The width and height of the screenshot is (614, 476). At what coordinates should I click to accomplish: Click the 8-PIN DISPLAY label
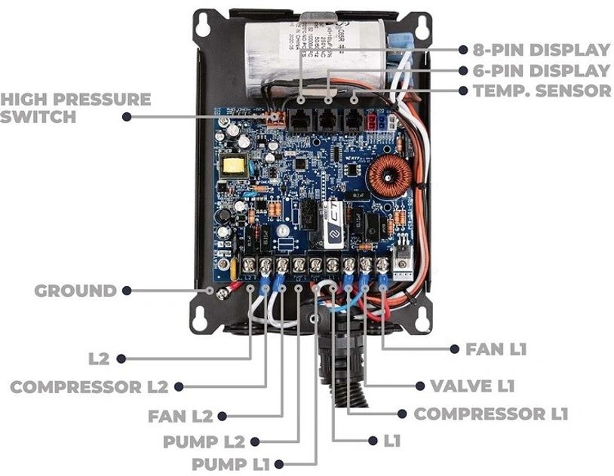[x=542, y=50]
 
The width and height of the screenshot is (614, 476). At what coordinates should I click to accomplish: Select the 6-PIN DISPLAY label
[x=542, y=71]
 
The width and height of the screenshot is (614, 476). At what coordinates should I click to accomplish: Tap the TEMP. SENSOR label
[x=542, y=90]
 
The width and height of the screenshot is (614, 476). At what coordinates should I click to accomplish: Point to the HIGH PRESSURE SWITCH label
[x=75, y=108]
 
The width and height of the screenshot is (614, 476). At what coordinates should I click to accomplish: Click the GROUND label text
[x=75, y=291]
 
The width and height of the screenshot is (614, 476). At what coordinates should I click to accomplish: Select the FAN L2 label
[x=180, y=415]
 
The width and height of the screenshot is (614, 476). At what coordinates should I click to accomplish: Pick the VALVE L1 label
[x=471, y=386]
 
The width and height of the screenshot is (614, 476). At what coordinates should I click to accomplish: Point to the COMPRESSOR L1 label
[x=490, y=413]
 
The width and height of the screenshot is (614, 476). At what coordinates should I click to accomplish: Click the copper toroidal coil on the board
[x=388, y=178]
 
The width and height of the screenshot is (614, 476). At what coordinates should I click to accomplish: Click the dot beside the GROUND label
[x=127, y=291]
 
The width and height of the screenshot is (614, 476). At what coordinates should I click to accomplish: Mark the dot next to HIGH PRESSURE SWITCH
[x=127, y=117]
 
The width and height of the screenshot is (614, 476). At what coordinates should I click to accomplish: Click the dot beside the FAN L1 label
[x=454, y=349]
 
